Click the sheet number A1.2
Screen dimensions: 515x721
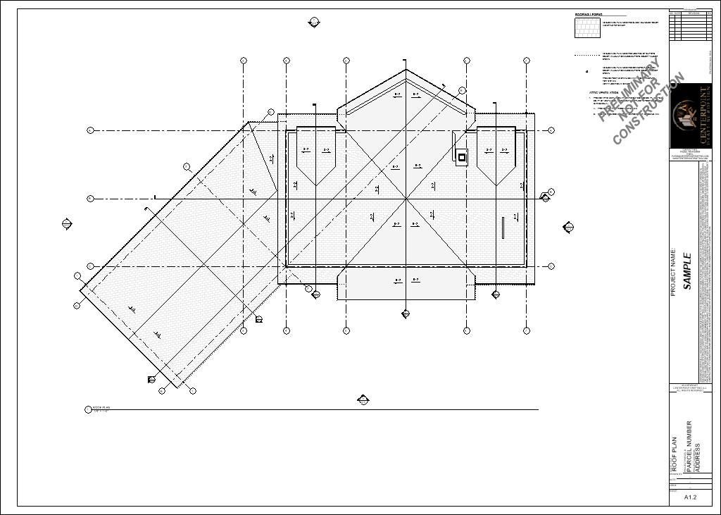tap(690, 497)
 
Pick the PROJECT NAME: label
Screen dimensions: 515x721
tap(674, 272)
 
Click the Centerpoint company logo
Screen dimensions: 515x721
tap(690, 116)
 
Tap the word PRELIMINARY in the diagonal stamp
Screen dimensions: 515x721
tap(631, 90)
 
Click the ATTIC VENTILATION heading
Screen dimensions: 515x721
tap(603, 93)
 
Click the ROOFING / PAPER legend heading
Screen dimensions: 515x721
tap(589, 14)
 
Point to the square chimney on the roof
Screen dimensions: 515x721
tap(463, 156)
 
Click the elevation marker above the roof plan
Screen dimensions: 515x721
tap(314, 23)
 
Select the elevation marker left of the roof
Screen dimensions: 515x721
tap(68, 225)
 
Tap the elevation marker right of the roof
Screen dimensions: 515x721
tap(568, 227)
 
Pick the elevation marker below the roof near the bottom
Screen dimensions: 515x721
tap(363, 400)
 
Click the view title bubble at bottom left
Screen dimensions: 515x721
tap(88, 409)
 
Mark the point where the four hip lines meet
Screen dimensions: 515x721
tap(406, 199)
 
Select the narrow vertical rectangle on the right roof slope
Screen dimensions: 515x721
tap(503, 228)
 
